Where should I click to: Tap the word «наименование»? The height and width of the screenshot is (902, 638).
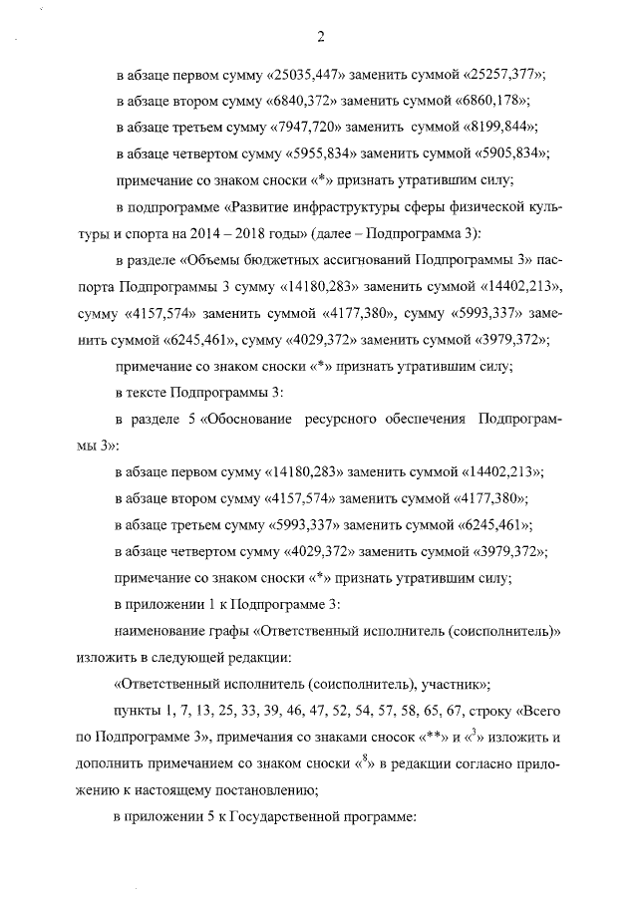pyautogui.click(x=160, y=631)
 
